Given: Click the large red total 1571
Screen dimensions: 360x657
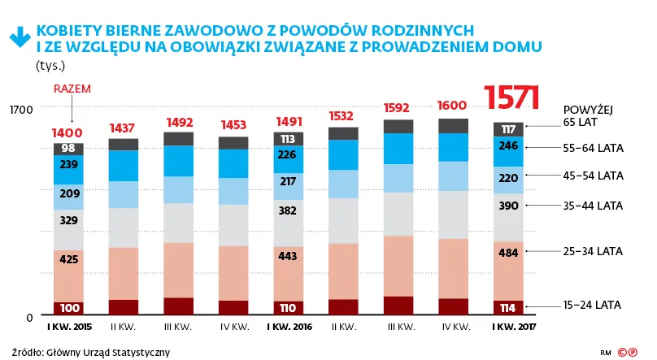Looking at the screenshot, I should coord(512,98).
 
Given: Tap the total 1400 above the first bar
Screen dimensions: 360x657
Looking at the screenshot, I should coord(68,132).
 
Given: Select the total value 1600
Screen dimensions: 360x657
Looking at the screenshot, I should coord(452,106).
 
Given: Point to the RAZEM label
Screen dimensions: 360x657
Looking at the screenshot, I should coord(72,89).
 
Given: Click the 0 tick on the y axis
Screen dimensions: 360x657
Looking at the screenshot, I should coord(28,317).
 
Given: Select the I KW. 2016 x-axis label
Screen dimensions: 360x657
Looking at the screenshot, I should coord(288,327).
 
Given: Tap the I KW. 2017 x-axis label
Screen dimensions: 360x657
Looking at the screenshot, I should coord(507,327).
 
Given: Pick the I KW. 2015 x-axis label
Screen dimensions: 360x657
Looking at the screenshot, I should coord(68,327).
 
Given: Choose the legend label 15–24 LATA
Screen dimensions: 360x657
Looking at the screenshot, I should coord(592,306).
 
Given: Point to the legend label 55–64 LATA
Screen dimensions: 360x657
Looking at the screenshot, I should coord(592,148).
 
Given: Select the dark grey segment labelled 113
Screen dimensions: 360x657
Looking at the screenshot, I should coord(288,139).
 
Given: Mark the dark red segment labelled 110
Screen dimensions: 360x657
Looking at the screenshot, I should coord(288,309).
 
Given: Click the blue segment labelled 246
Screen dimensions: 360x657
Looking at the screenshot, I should coord(508,147).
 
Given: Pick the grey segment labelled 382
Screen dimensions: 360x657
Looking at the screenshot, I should coord(288,210).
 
